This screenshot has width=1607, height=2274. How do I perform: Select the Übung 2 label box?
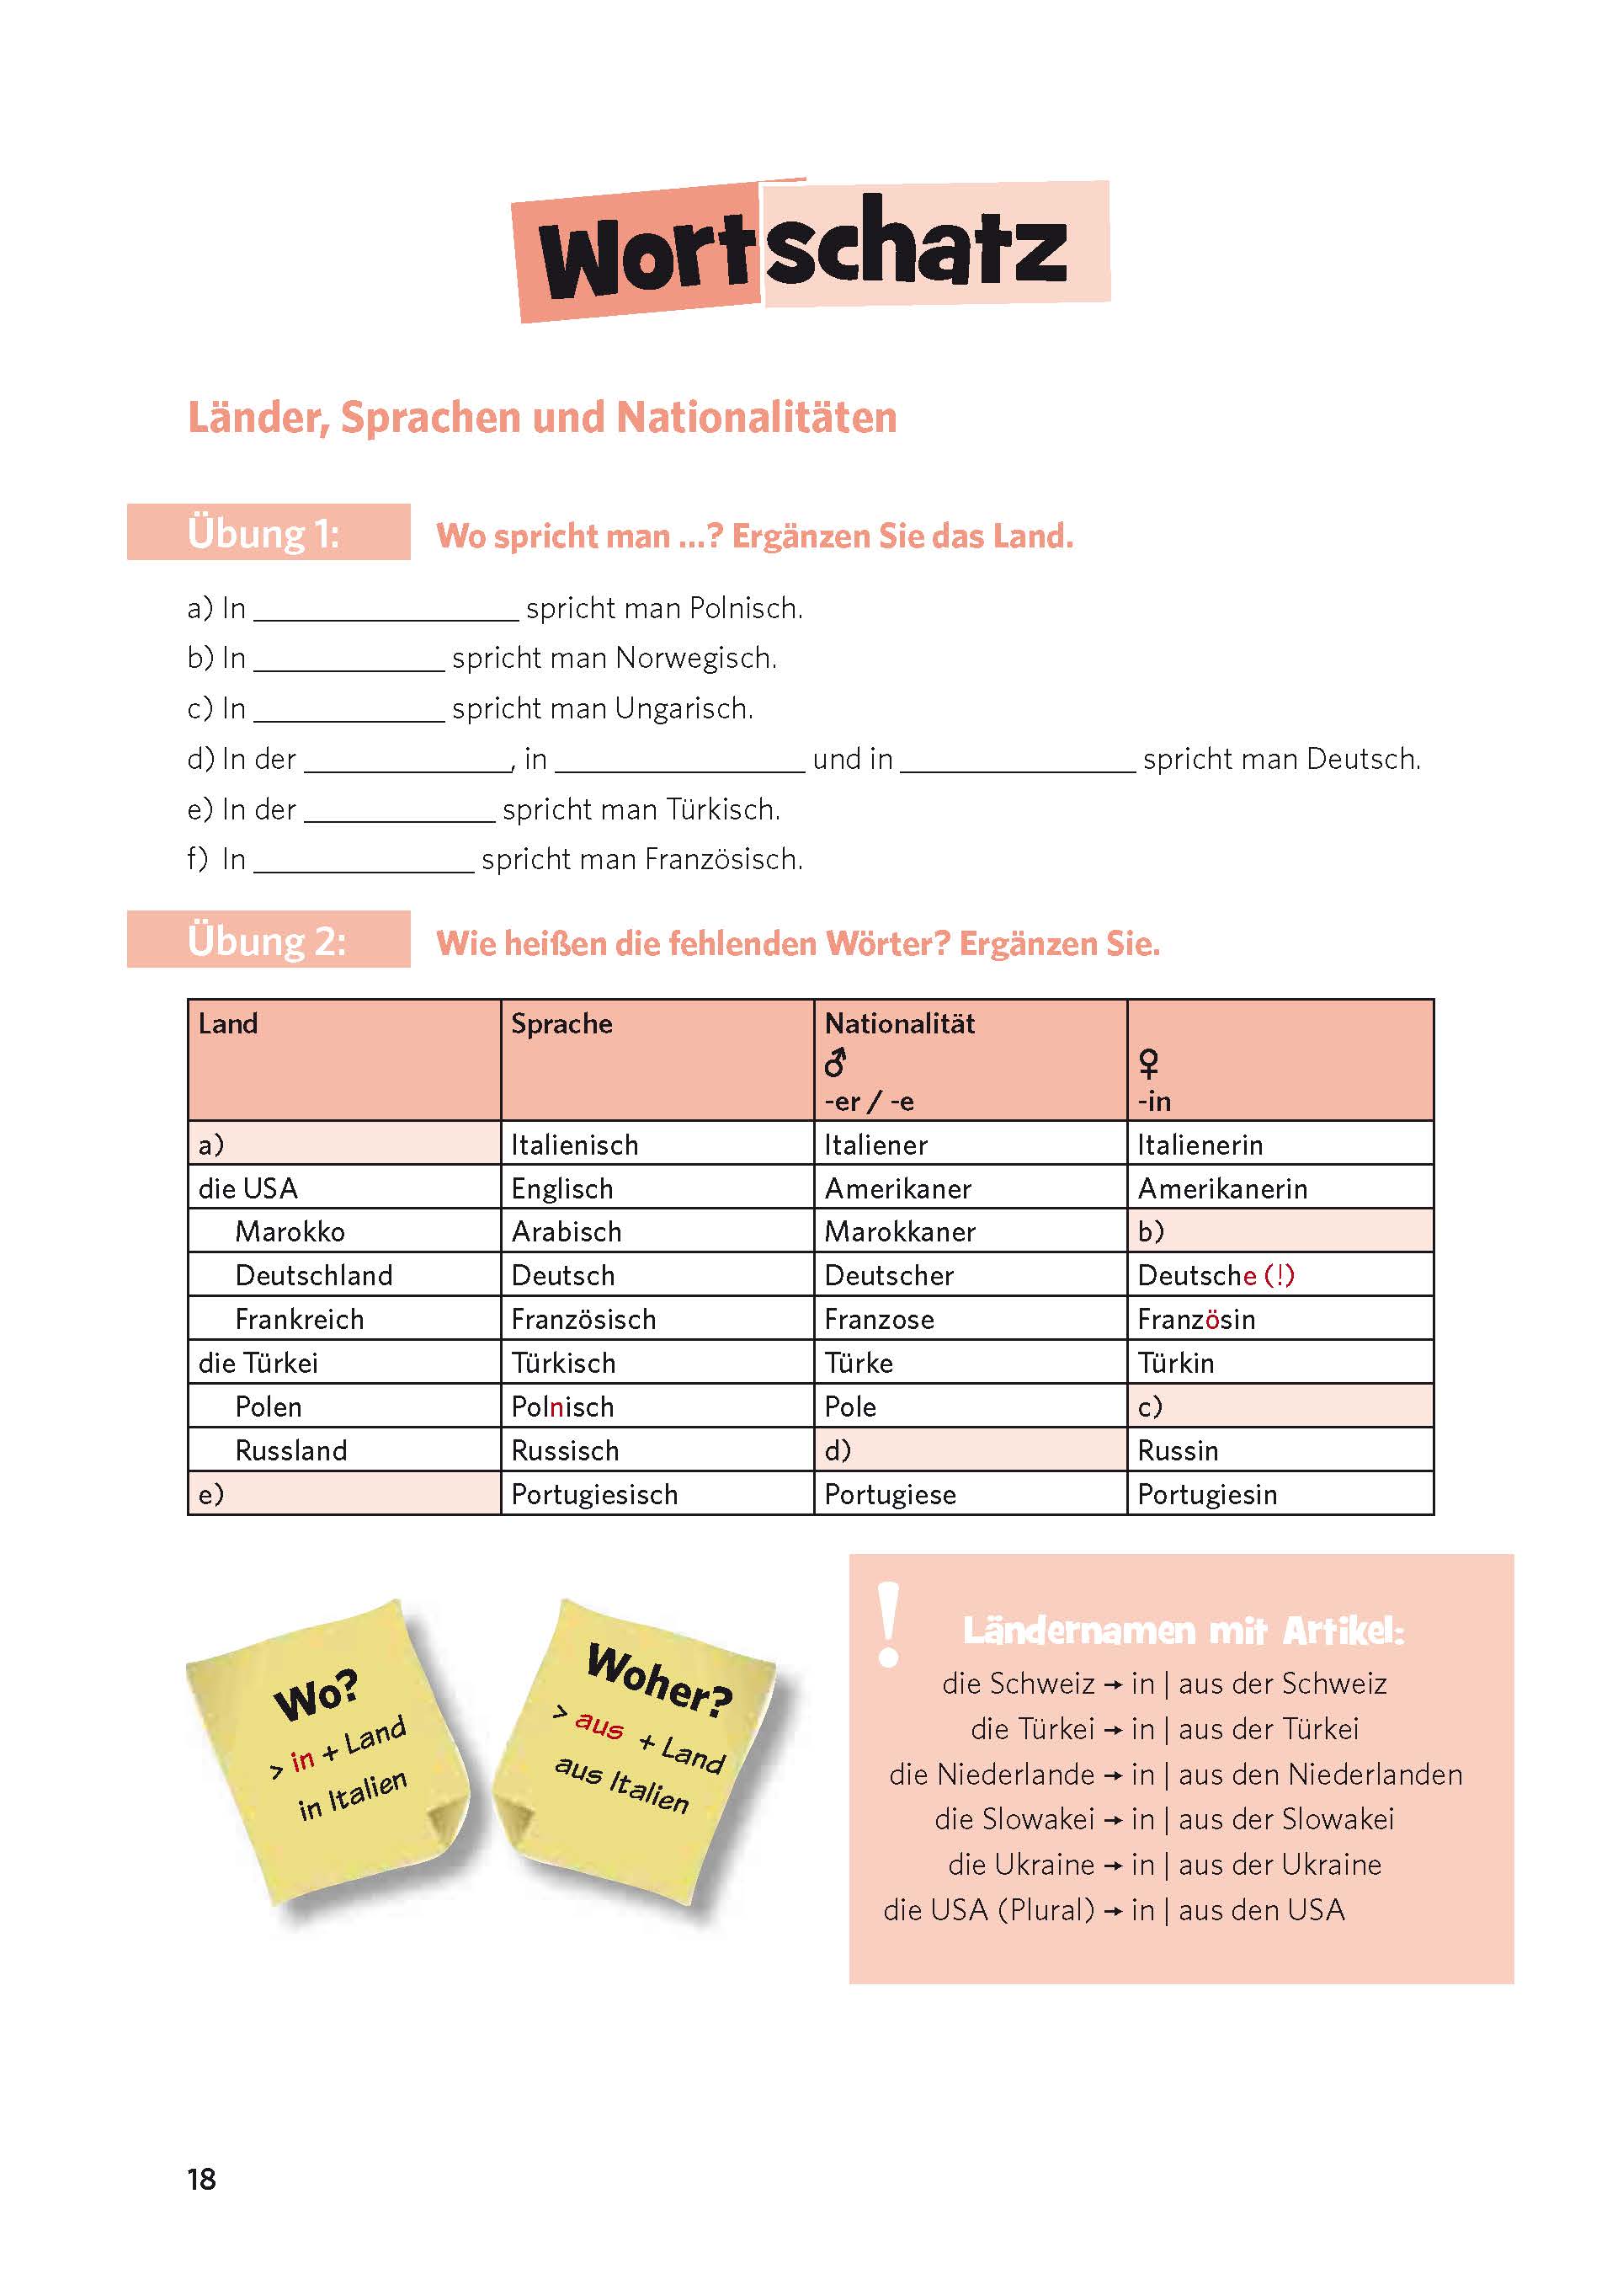pyautogui.click(x=268, y=940)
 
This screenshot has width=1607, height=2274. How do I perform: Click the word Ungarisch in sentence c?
pyautogui.click(x=684, y=708)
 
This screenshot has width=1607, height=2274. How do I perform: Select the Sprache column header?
pyautogui.click(x=561, y=1023)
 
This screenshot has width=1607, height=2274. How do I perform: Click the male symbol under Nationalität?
pyautogui.click(x=836, y=1063)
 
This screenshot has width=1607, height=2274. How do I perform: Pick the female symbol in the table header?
pyautogui.click(x=1148, y=1064)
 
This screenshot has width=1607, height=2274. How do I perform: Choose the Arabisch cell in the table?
pyautogui.click(x=567, y=1231)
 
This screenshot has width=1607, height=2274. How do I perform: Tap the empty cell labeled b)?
pyautogui.click(x=1280, y=1231)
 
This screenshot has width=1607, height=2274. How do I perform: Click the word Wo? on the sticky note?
pyautogui.click(x=317, y=1695)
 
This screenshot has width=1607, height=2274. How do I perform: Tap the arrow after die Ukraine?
pyautogui.click(x=1113, y=1865)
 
